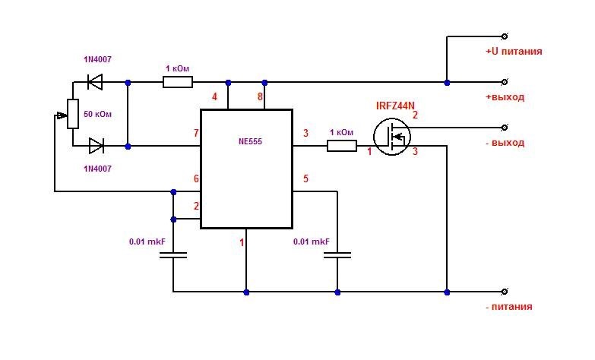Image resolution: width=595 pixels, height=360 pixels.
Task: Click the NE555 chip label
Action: tap(250, 141)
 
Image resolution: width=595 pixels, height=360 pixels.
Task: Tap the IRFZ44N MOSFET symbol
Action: tap(392, 136)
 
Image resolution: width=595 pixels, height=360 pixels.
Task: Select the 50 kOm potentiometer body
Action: tap(73, 114)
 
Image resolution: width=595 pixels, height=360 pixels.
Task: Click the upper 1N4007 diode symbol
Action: tap(95, 82)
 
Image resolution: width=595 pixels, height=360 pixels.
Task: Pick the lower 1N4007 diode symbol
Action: tap(97, 146)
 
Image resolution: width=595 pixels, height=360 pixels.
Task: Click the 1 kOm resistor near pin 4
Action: tap(178, 82)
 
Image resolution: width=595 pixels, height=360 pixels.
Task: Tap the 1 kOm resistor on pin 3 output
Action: tap(342, 146)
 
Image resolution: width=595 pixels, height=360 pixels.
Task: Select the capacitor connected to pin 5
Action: tap(337, 255)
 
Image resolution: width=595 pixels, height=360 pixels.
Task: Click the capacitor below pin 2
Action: tap(173, 255)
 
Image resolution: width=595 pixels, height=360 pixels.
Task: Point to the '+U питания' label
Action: tap(514, 51)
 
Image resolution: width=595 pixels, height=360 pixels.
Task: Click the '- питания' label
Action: tap(509, 307)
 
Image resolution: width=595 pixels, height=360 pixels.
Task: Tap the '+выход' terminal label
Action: tap(505, 97)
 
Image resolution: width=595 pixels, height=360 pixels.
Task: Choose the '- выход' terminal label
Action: tap(505, 143)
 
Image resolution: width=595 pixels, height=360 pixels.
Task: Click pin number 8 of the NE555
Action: tap(260, 97)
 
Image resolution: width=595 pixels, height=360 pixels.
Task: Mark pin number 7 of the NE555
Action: tap(196, 133)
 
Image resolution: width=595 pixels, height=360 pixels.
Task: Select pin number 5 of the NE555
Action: tap(305, 178)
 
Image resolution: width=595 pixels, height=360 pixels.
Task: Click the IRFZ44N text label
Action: tap(395, 106)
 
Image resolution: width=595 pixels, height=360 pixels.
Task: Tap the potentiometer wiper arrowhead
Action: tap(62, 115)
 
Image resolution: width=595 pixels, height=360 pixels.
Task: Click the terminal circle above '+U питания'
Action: tap(505, 36)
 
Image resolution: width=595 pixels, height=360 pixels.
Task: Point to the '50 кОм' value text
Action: tap(97, 114)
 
